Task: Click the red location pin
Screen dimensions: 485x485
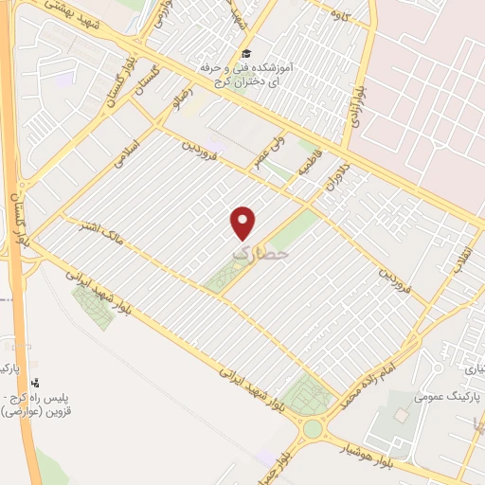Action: [x=244, y=223]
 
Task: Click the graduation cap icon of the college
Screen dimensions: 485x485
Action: [x=246, y=54]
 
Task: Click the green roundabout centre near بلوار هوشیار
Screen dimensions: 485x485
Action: [x=313, y=429]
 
